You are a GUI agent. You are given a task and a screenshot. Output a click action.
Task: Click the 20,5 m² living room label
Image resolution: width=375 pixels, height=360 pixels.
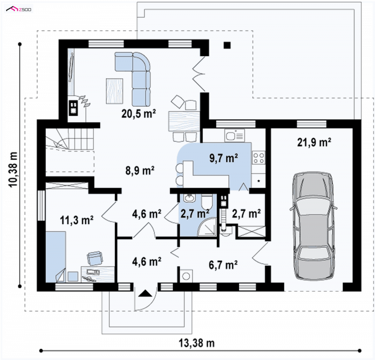point(139,113)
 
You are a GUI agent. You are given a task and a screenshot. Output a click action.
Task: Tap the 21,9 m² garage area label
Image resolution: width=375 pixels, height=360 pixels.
point(314,142)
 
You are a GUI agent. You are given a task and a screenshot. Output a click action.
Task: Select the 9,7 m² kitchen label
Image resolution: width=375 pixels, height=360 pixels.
point(224,158)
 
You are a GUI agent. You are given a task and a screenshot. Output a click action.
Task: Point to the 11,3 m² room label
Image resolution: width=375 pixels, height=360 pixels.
point(76,220)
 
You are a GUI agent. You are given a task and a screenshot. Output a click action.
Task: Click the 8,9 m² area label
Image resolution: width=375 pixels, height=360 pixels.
point(140,170)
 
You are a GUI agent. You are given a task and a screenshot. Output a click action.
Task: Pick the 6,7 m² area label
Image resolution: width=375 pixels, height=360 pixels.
point(223,264)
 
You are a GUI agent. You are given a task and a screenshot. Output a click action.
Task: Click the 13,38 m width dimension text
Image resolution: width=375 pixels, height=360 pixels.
point(197,343)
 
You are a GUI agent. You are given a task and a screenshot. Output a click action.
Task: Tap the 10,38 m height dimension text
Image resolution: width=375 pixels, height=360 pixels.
point(14,169)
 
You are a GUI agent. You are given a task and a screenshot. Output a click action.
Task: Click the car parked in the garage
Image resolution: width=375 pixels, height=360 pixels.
point(314,226)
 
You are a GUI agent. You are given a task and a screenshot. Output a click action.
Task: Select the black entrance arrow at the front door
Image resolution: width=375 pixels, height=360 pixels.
point(145,293)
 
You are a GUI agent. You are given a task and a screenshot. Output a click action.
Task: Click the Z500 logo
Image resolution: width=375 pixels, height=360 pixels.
point(19,9)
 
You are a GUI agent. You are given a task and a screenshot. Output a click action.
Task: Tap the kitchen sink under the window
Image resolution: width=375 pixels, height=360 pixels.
point(234,135)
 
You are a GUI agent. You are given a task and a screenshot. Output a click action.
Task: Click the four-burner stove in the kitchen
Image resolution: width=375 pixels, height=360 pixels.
point(259,157)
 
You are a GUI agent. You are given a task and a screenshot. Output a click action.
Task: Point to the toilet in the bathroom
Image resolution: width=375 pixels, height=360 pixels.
point(207,201)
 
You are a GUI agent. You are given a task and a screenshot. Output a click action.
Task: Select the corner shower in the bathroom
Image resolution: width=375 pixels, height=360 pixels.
point(207,227)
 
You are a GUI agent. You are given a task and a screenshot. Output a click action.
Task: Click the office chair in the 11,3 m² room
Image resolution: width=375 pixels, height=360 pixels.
point(95,258)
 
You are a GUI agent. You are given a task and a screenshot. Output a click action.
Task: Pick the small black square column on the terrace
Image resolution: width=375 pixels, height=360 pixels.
point(227,45)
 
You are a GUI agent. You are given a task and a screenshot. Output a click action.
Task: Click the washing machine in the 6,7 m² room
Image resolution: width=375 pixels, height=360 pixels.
point(186,276)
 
